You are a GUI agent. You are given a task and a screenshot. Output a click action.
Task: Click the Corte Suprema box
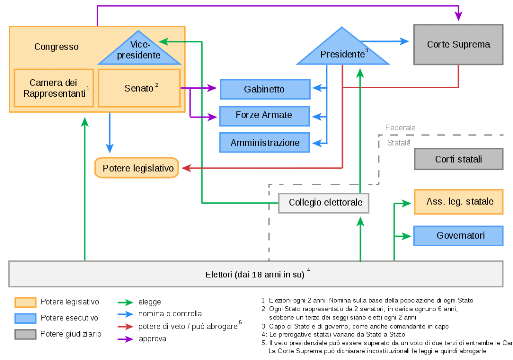click(458, 45)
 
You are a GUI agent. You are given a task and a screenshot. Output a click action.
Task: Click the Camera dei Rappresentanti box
click(54, 88)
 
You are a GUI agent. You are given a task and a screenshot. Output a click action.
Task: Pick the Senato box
click(139, 88)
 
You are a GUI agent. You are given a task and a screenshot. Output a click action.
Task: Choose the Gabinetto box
click(264, 89)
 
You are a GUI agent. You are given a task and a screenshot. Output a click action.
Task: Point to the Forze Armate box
click(264, 115)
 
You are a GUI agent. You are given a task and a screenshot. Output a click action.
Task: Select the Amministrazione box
click(264, 143)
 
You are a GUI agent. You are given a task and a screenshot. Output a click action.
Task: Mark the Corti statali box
click(458, 159)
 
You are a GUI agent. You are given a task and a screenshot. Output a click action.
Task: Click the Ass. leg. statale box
click(458, 202)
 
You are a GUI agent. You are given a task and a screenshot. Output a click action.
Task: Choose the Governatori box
click(458, 235)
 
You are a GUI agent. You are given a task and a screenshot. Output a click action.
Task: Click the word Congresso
click(56, 47)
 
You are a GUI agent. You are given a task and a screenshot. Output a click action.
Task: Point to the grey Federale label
click(400, 128)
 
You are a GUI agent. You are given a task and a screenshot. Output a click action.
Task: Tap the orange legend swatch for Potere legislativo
click(25, 302)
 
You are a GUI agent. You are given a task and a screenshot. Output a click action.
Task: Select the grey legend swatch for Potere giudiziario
click(25, 334)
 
